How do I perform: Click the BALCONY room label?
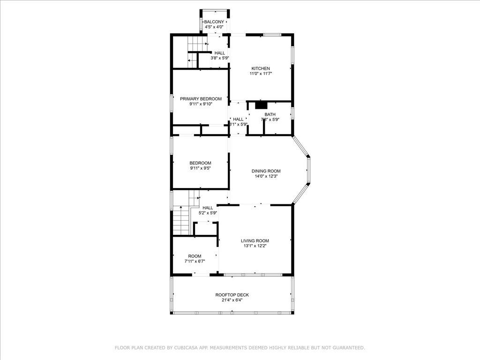click(214, 22)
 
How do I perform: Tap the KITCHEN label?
click(260, 68)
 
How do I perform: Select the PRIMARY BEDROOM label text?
click(201, 99)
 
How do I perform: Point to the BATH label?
click(270, 114)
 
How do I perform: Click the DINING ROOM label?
click(266, 171)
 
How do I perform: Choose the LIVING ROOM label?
click(255, 241)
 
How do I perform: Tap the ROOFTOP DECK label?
click(232, 295)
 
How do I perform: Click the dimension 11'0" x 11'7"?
click(260, 74)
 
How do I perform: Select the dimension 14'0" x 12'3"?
click(266, 176)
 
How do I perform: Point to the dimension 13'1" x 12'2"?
click(255, 246)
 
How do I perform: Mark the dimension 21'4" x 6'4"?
click(232, 300)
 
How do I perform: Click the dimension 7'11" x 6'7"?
click(195, 261)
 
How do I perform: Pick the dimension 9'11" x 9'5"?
click(200, 168)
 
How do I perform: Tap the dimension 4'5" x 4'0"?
click(214, 27)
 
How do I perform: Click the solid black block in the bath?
click(261, 105)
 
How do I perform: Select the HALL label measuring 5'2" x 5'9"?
click(208, 208)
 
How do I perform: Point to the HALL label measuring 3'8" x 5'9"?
click(219, 53)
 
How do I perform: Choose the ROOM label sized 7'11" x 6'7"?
click(195, 256)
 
